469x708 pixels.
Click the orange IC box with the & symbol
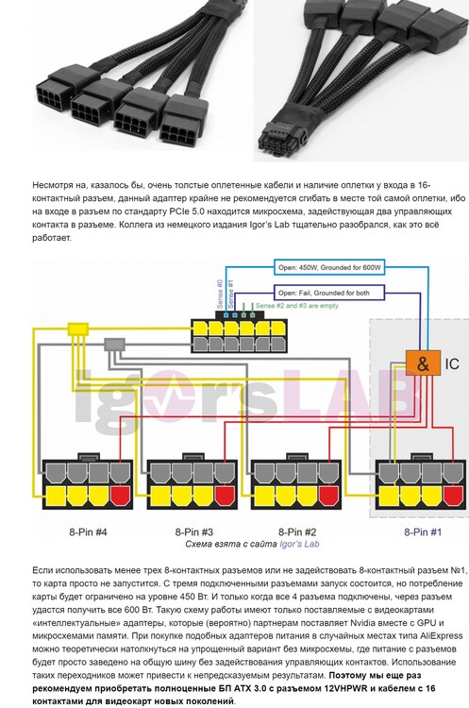(x=423, y=363)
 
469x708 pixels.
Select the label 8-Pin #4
(x=88, y=531)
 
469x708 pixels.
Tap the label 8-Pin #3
(x=193, y=531)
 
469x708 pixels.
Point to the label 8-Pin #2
(x=297, y=531)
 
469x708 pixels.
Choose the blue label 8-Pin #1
(x=423, y=531)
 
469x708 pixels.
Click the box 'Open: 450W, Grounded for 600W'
(x=329, y=267)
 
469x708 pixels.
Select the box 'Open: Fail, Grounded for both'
(x=329, y=293)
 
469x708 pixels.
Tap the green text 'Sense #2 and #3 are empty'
(x=297, y=306)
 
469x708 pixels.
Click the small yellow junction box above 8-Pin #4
(x=78, y=329)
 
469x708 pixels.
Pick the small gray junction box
(x=114, y=345)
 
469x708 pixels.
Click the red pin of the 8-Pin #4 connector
(x=120, y=496)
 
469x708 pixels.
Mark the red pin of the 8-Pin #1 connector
(x=453, y=496)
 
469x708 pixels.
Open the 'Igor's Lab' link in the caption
(x=299, y=544)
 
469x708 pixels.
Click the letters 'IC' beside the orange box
(x=452, y=363)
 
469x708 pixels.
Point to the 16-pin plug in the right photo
(x=283, y=135)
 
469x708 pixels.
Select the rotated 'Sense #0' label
(x=220, y=295)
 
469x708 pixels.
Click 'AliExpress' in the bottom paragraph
(x=441, y=635)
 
